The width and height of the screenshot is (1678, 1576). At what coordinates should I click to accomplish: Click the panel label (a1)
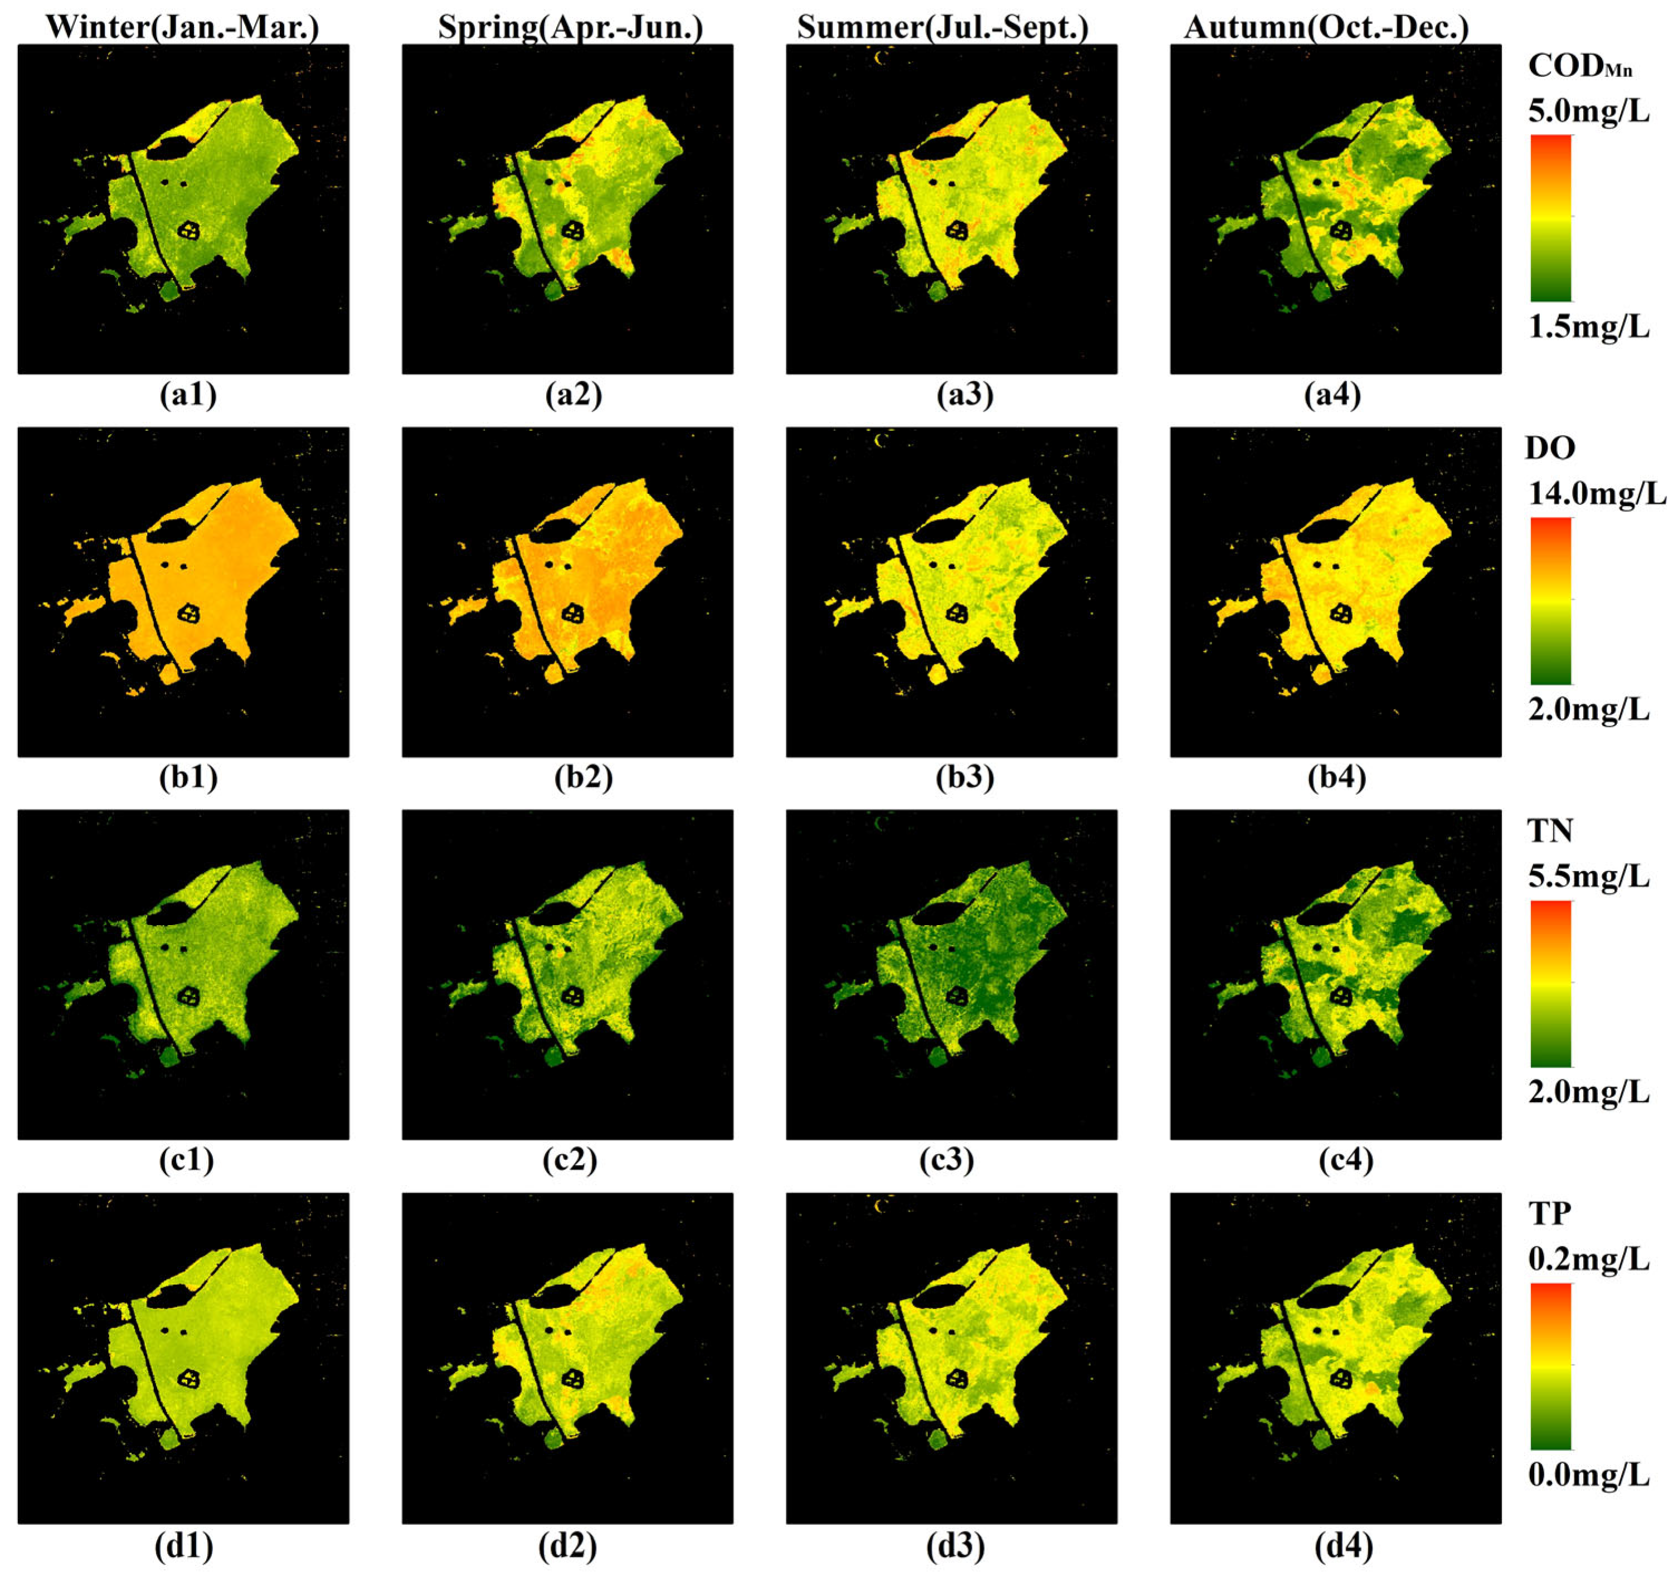[187, 395]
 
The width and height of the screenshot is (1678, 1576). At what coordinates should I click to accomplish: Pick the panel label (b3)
[965, 777]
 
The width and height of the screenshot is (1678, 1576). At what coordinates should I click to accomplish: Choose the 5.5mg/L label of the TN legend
[1588, 876]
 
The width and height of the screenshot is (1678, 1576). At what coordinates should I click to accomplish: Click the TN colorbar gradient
[1551, 984]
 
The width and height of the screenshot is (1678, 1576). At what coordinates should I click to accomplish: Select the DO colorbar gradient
[1551, 600]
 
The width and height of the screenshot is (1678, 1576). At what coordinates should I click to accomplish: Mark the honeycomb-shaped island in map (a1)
[189, 230]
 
